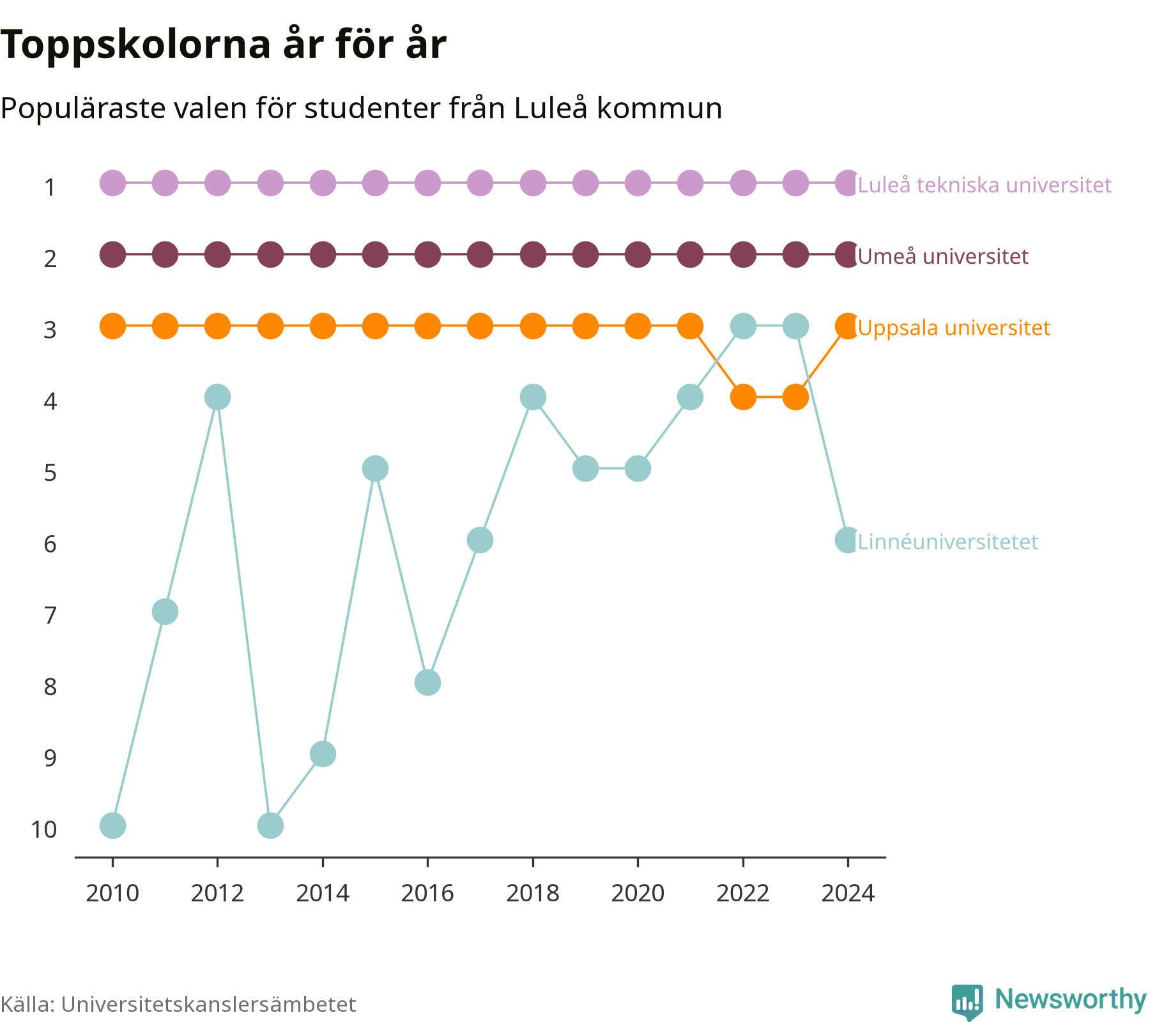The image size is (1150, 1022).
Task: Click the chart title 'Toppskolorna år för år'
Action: click(x=223, y=45)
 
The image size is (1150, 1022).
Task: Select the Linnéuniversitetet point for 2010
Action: click(x=112, y=825)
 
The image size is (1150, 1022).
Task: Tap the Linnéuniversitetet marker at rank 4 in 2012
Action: click(x=217, y=397)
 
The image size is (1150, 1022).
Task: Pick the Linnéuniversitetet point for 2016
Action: click(x=427, y=683)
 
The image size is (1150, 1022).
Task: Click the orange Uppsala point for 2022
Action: click(x=743, y=397)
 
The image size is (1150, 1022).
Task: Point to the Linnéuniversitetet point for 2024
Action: click(x=848, y=540)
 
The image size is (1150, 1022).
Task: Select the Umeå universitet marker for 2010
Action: click(x=112, y=255)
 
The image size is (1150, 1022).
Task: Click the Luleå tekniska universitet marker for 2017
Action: click(x=480, y=183)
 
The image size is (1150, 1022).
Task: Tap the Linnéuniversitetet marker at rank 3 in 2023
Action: click(x=795, y=326)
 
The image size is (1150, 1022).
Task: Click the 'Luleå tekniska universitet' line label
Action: click(x=985, y=185)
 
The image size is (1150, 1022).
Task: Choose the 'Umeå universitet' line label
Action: click(x=943, y=257)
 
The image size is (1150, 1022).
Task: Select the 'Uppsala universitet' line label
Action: click(x=954, y=328)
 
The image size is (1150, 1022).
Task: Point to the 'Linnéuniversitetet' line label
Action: click(x=948, y=542)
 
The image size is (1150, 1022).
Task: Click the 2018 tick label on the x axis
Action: click(x=532, y=893)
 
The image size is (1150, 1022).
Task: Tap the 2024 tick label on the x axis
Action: click(x=848, y=893)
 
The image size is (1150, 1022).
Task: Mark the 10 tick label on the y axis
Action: click(x=44, y=829)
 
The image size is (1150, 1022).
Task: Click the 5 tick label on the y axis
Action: click(x=50, y=473)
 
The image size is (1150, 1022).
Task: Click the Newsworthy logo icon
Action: click(x=967, y=1002)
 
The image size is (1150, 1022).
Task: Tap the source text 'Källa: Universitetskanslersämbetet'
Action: click(x=178, y=1004)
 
